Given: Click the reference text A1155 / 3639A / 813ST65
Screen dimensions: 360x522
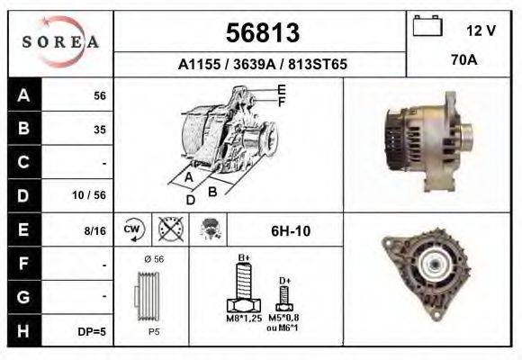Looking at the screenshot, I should point(262,65).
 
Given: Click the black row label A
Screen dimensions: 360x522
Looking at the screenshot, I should point(23,95).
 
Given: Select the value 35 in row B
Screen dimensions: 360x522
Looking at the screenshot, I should point(99,130).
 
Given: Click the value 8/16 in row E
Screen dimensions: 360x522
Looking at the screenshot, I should point(94,230).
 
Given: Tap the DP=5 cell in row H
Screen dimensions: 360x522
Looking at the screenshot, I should point(92,331).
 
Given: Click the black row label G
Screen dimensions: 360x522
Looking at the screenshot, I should point(23,297).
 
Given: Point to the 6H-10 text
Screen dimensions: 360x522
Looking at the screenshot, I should point(292,230).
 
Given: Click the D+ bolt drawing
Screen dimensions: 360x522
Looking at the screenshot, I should point(284,297).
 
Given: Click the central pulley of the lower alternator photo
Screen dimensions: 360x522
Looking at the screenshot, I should point(437,265).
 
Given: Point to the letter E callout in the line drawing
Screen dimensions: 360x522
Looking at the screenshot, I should point(281,89).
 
